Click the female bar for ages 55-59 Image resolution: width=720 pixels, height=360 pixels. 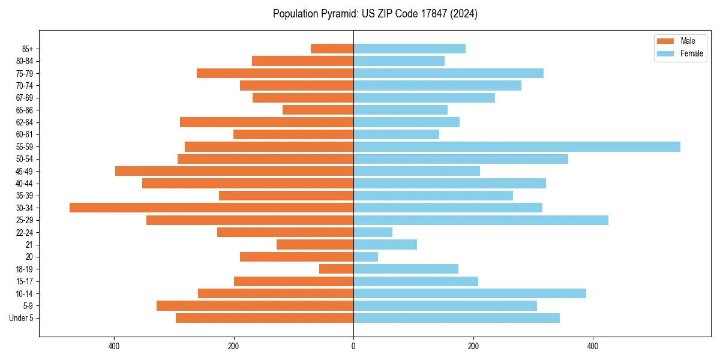pos(517,146)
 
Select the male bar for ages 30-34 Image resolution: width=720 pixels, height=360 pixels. pos(211,208)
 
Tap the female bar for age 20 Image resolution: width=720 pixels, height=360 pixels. pos(366,257)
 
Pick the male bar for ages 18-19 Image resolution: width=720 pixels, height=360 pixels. pos(336,269)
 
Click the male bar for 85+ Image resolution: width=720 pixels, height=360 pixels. pos(332,49)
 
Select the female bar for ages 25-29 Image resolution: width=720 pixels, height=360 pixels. pos(481,220)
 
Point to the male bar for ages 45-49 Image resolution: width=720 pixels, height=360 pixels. pos(234,171)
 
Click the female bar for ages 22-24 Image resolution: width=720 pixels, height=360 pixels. pos(373,232)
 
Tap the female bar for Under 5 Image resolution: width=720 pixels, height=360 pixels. pos(457,318)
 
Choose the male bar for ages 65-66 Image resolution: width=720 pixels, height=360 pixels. pos(318,110)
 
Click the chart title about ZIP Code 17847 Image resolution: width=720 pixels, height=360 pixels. pos(375,14)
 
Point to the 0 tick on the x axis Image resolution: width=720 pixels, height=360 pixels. pos(353,346)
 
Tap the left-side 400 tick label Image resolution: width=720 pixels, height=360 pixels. pos(114,346)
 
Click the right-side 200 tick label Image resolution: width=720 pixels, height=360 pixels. pos(473,346)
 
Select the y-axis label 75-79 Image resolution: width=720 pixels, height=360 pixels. pos(25,73)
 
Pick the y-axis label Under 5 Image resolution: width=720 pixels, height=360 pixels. pos(21,318)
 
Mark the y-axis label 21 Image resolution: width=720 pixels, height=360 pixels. pos(29,245)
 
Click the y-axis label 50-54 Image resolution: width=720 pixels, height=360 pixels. pos(25,159)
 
